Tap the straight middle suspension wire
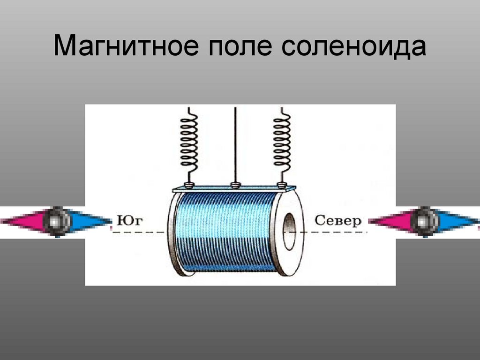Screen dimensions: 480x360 click(x=235, y=141)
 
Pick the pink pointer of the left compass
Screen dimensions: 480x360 click(x=23, y=220)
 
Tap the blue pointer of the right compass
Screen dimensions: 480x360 click(x=457, y=220)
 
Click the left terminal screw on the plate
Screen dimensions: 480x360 click(x=189, y=184)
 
